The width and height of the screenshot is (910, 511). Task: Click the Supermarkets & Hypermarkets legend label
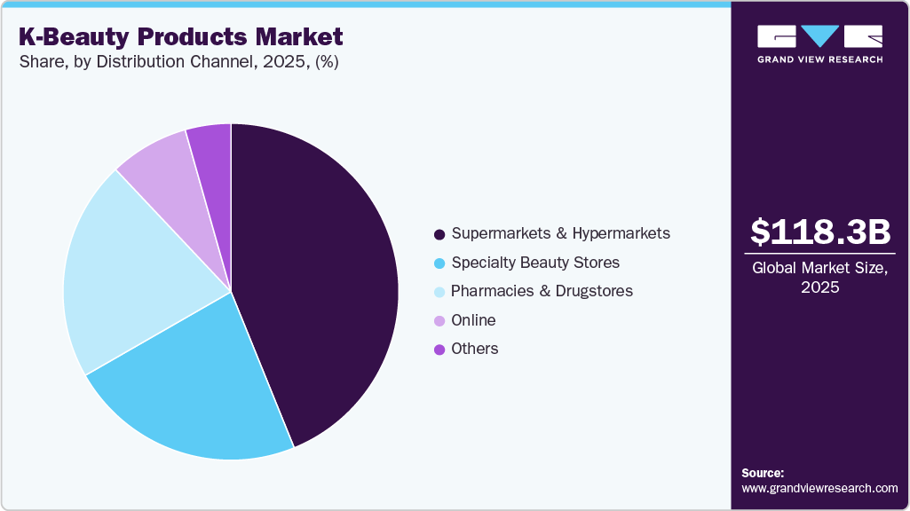click(560, 233)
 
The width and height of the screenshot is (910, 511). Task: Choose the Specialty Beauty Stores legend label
click(535, 263)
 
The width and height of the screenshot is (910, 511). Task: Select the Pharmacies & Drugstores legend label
click(542, 291)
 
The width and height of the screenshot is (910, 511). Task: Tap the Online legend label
click(473, 320)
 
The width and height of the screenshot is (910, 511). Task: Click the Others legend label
click(474, 349)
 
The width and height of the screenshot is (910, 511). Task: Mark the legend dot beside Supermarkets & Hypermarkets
click(439, 234)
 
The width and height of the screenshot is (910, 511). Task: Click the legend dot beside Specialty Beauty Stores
click(439, 263)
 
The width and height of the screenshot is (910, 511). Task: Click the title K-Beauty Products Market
click(179, 37)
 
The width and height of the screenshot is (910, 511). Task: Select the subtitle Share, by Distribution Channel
click(178, 62)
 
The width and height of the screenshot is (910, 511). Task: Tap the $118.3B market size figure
click(819, 232)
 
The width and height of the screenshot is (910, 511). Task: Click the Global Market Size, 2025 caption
click(819, 278)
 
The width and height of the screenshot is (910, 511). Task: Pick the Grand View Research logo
click(819, 43)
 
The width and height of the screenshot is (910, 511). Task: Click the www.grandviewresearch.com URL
click(819, 488)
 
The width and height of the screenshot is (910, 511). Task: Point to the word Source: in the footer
click(763, 473)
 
